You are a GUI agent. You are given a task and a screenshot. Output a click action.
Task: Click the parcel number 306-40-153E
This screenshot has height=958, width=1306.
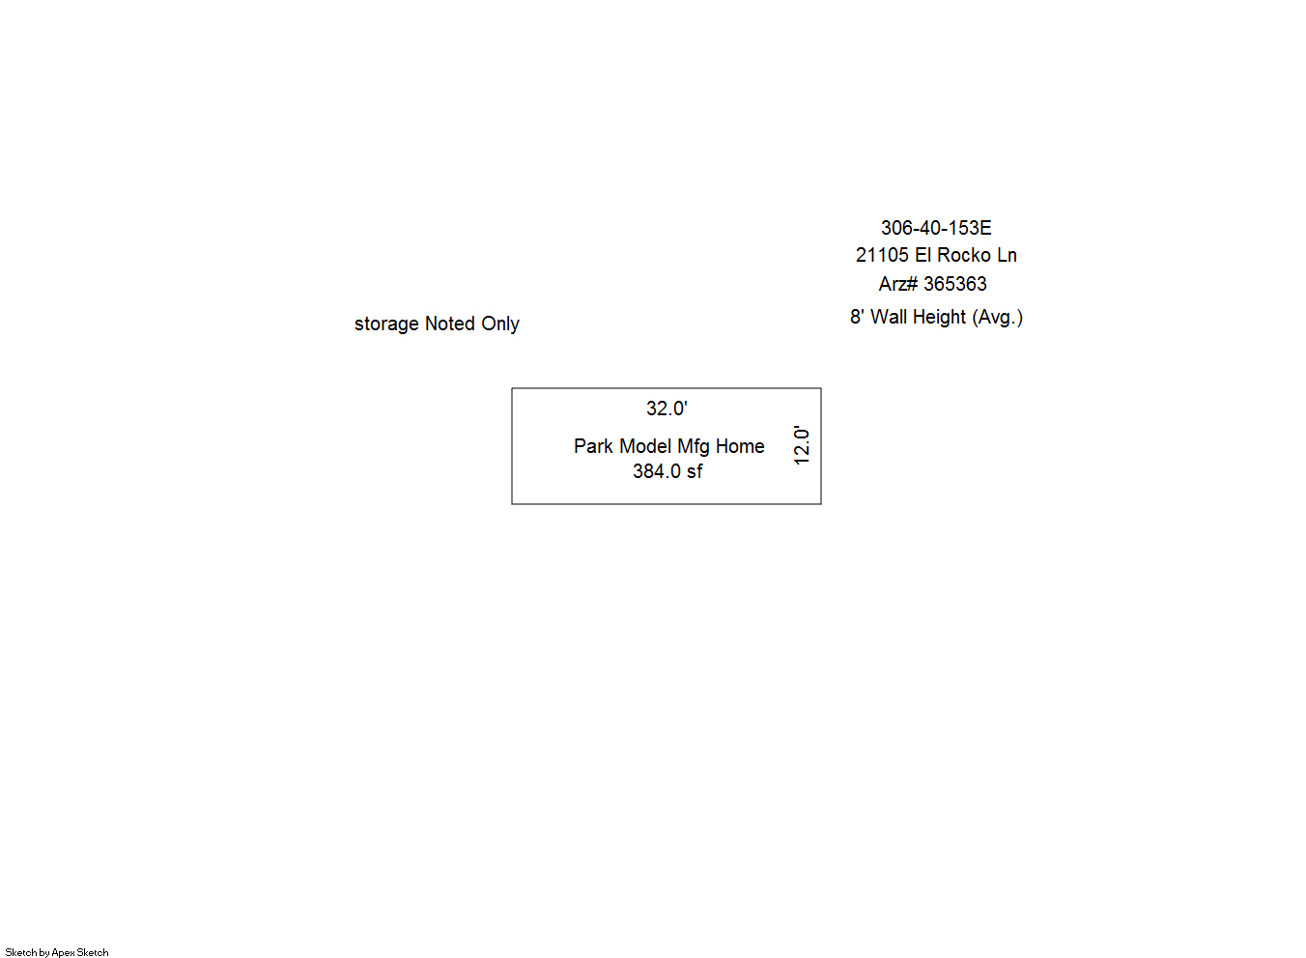click(936, 228)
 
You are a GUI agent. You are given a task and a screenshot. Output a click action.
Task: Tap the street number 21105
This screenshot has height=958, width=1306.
click(882, 255)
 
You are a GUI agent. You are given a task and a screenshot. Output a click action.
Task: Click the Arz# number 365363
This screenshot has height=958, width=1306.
click(955, 284)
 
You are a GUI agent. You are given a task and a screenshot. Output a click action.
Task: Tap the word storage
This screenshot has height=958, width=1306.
click(386, 324)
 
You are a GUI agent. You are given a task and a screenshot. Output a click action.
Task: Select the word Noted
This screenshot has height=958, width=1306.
click(450, 324)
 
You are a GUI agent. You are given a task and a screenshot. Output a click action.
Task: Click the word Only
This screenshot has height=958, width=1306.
click(500, 324)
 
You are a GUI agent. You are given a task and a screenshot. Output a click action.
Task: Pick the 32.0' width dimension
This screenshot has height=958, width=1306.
click(667, 409)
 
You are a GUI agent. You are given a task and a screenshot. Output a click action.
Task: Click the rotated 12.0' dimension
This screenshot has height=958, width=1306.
click(802, 445)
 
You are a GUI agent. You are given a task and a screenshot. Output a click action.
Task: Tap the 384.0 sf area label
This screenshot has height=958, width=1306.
click(667, 471)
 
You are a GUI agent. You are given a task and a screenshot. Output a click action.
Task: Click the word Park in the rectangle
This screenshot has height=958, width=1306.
click(593, 446)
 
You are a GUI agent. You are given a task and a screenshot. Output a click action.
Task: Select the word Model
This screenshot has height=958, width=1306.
click(645, 446)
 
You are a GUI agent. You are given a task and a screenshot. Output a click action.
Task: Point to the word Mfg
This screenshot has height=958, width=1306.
click(694, 447)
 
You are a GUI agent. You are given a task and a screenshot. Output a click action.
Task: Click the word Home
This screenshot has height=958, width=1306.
click(740, 446)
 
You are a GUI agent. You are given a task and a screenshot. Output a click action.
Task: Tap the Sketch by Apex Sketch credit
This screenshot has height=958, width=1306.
click(57, 952)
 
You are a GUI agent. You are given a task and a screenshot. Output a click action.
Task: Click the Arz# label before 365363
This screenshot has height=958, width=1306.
click(898, 284)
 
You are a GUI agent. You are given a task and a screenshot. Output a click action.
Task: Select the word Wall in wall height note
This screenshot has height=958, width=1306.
click(889, 317)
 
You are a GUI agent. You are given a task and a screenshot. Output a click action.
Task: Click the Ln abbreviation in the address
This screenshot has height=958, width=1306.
click(1007, 255)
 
